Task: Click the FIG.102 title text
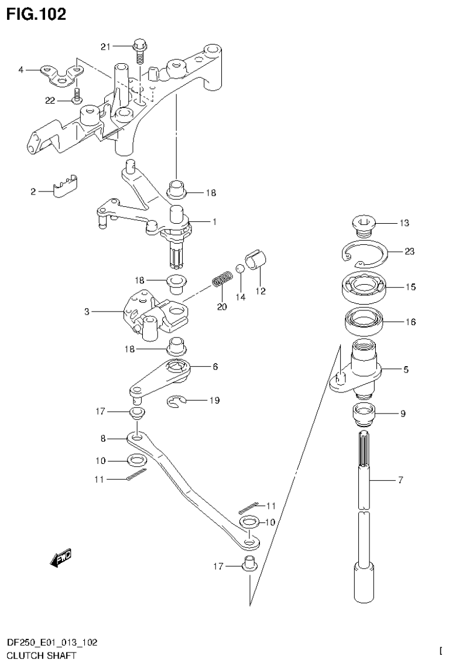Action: [x=36, y=14]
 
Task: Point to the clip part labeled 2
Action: [x=65, y=186]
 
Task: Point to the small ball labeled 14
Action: [x=239, y=269]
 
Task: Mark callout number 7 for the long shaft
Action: [x=400, y=480]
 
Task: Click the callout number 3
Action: [x=87, y=312]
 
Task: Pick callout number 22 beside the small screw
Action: [x=50, y=101]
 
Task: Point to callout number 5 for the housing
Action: [x=406, y=370]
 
